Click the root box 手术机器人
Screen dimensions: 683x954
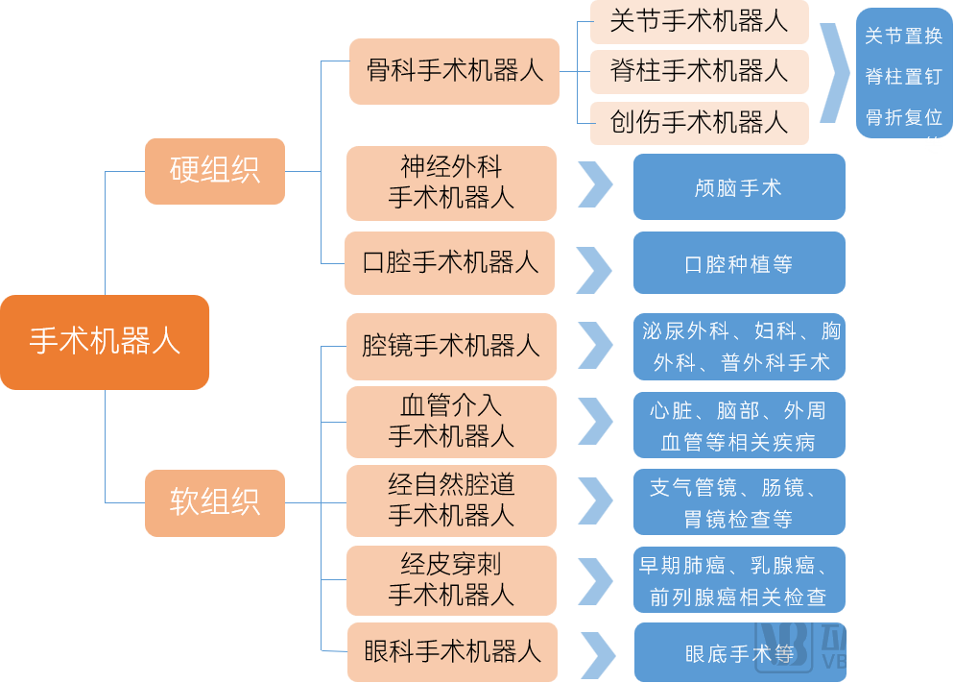point(105,342)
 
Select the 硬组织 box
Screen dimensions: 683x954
point(215,171)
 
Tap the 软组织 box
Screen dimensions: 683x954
point(215,502)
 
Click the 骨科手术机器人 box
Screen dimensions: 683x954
point(454,71)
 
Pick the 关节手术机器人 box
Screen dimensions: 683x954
point(699,22)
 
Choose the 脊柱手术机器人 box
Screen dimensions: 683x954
point(699,71)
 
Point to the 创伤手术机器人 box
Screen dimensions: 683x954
point(699,123)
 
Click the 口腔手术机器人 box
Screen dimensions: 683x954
point(450,262)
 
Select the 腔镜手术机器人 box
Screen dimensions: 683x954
point(450,346)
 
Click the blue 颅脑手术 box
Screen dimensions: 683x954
point(739,187)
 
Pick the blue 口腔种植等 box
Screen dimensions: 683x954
point(739,263)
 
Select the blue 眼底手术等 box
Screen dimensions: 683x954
point(739,654)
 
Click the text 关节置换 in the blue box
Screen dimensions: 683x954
point(903,37)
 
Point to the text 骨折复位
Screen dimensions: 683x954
point(903,117)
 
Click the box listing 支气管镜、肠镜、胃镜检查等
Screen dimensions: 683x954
point(739,502)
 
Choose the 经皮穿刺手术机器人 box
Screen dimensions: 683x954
point(451,579)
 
